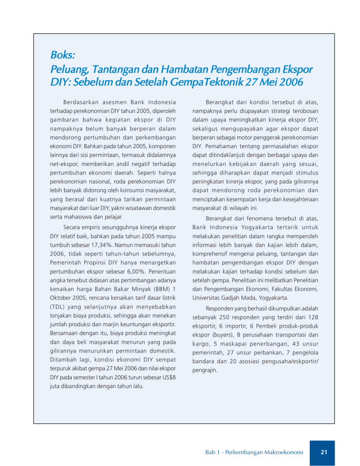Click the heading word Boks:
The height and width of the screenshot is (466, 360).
[x=62, y=55]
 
